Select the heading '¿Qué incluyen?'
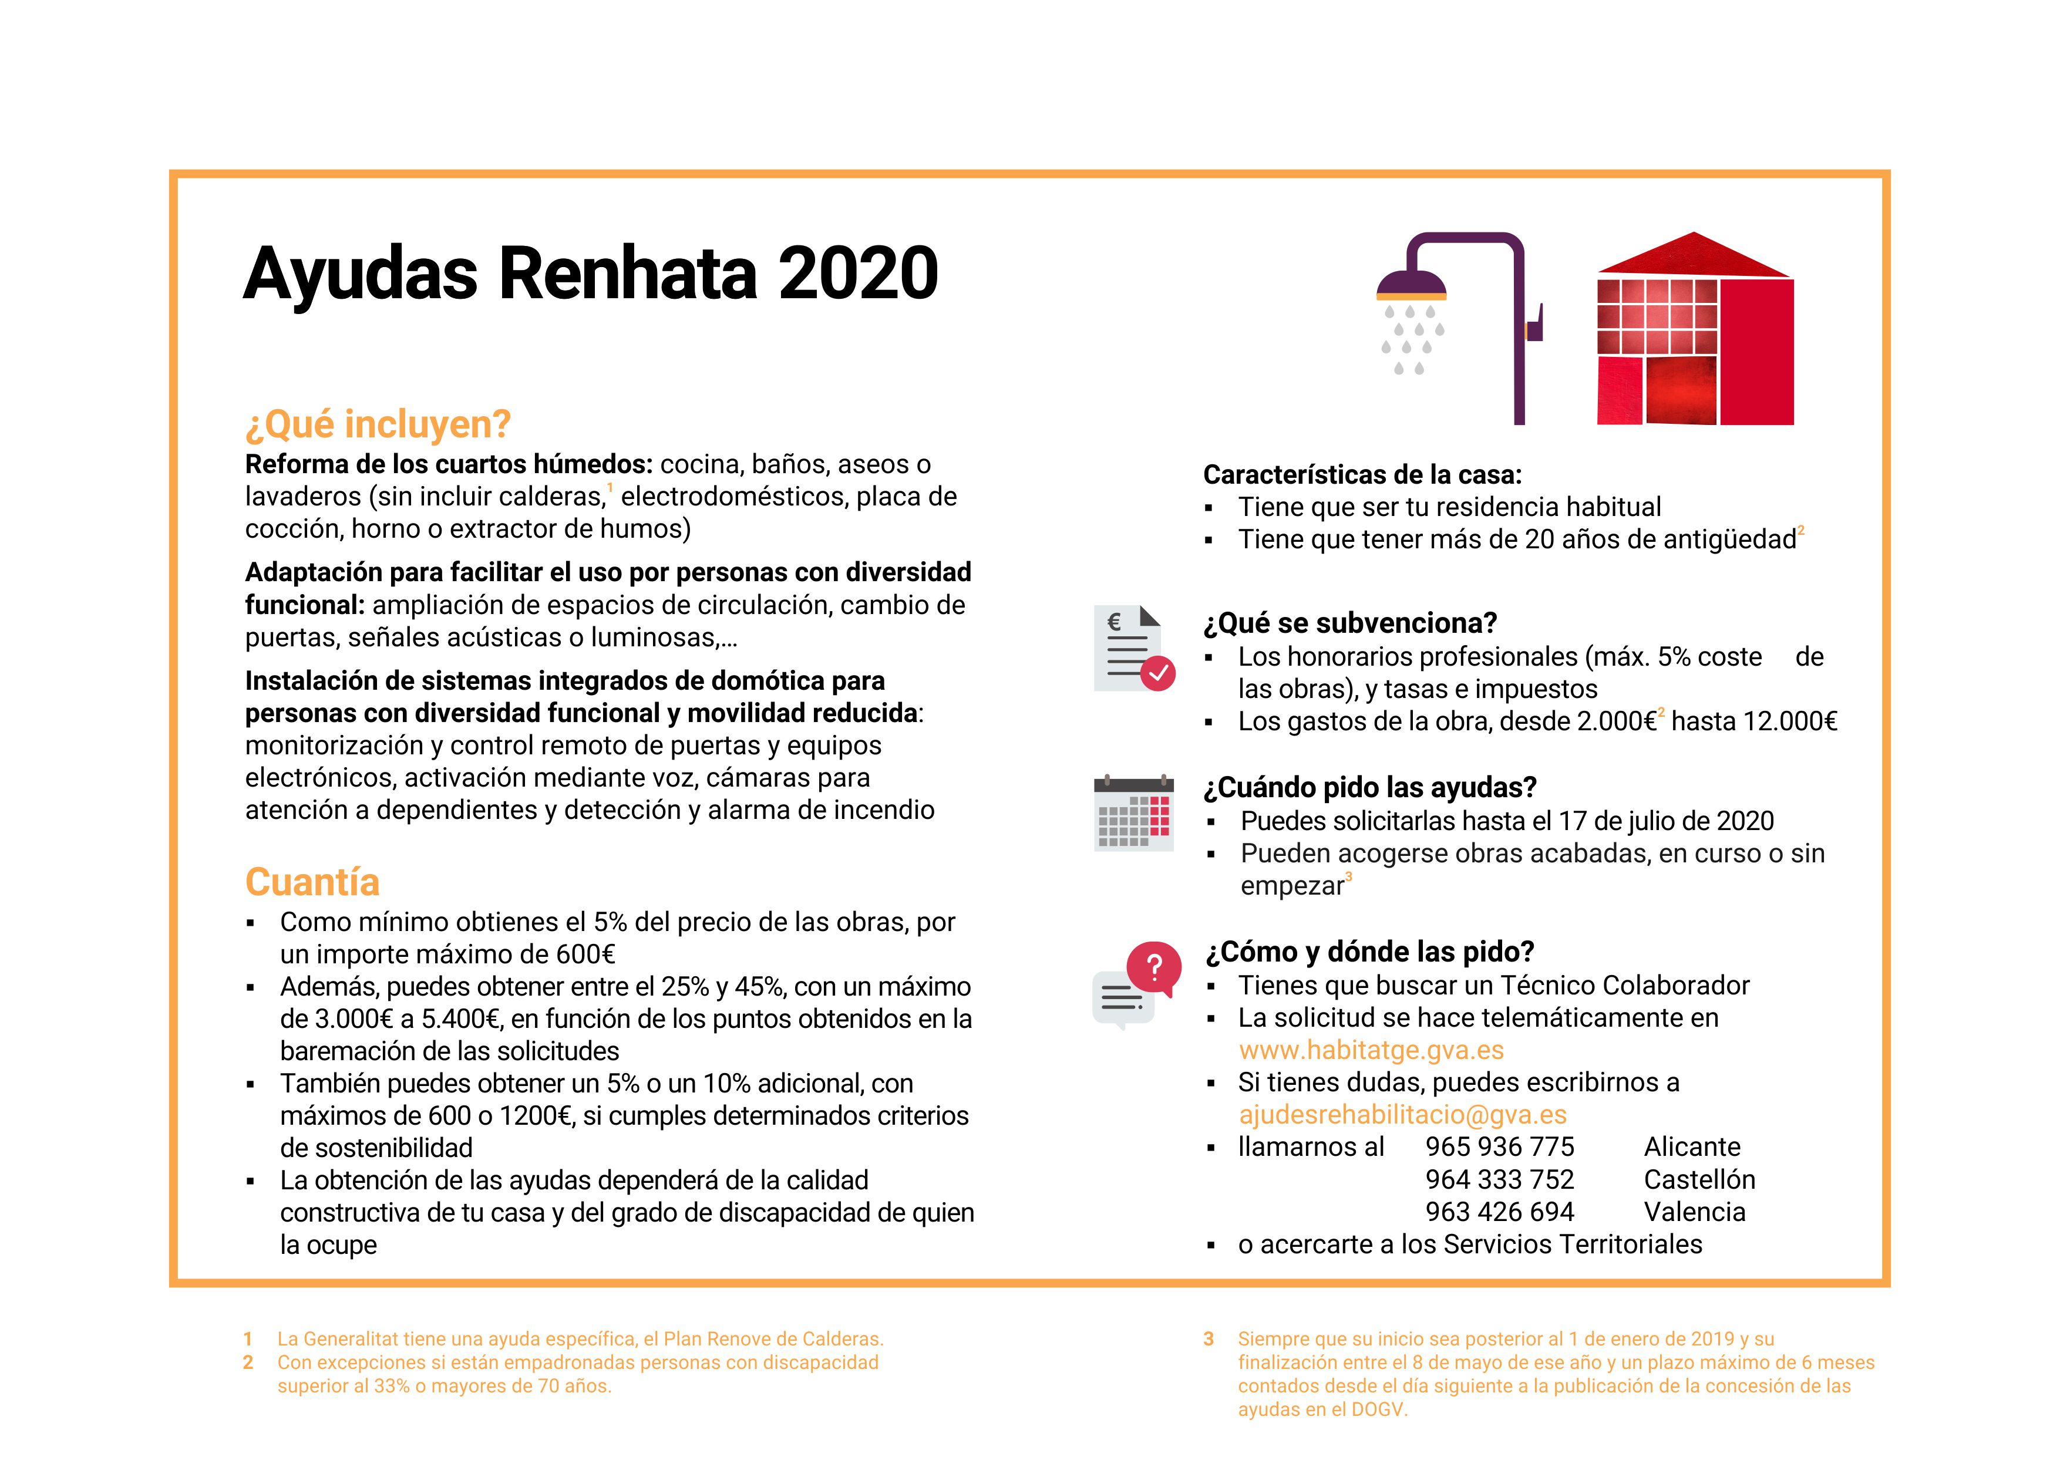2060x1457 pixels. [378, 424]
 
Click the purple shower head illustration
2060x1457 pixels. [1411, 285]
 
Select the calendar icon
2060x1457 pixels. [1133, 813]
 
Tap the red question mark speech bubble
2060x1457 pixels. [1154, 967]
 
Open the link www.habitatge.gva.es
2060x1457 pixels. [1371, 1050]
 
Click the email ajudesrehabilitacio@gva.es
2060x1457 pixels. [1402, 1114]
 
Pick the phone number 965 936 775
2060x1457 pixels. [1499, 1146]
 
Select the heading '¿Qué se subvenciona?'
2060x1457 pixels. [1350, 623]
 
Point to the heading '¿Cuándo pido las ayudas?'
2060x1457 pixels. [1369, 787]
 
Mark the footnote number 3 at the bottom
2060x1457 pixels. [1209, 1338]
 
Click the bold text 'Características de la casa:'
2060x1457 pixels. [1362, 474]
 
